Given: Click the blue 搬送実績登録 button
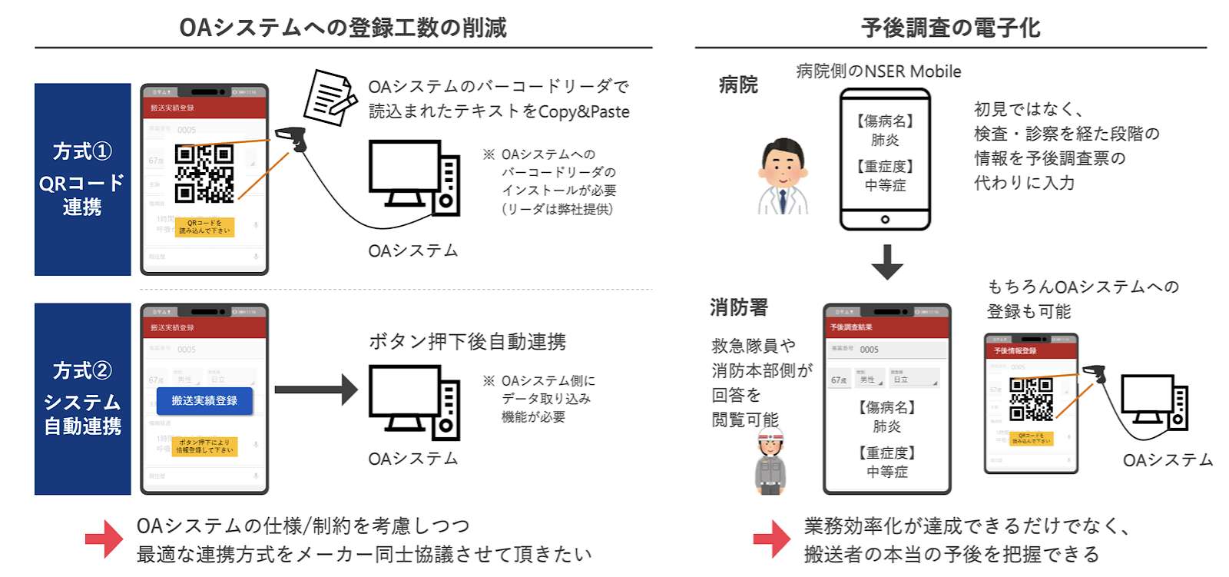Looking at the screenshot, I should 204,401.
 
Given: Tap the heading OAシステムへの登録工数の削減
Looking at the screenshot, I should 343,28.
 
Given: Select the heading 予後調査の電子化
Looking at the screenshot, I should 950,28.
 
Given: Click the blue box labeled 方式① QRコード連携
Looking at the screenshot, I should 82,179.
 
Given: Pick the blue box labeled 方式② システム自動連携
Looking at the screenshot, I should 82,399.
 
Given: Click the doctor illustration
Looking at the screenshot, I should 783,177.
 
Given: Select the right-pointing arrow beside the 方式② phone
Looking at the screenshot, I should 316,390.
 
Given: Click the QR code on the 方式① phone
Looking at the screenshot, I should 204,174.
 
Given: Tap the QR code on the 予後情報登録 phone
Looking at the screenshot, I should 1031,399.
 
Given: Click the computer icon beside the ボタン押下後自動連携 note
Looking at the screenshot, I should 414,402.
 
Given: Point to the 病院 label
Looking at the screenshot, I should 738,85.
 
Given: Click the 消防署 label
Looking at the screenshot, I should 739,307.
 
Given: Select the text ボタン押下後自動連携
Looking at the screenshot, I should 467,341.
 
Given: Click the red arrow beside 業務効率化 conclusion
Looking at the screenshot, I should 771,539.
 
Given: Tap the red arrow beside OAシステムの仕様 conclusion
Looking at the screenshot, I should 104,539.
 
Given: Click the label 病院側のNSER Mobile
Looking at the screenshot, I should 879,71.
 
